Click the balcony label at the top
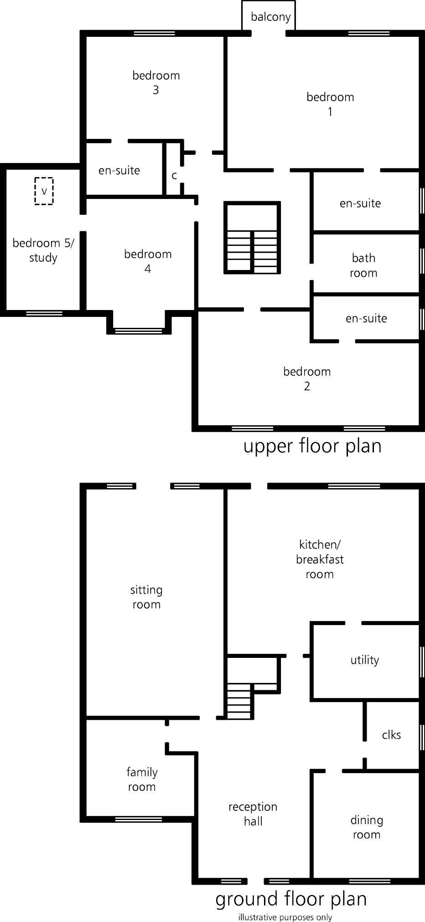click(x=270, y=17)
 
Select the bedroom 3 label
click(x=156, y=82)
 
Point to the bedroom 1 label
click(x=330, y=104)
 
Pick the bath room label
click(x=363, y=265)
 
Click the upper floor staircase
click(x=252, y=238)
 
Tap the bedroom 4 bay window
click(x=139, y=330)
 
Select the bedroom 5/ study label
click(x=43, y=250)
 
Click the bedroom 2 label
click(x=307, y=379)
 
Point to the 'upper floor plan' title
click(x=312, y=446)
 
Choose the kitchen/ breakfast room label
click(x=320, y=559)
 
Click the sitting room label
click(x=146, y=597)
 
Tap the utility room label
click(x=365, y=660)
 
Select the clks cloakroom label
click(x=391, y=735)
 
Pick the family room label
click(x=142, y=779)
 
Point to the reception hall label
click(x=253, y=814)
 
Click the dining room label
click(x=367, y=827)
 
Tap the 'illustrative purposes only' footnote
click(x=285, y=917)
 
